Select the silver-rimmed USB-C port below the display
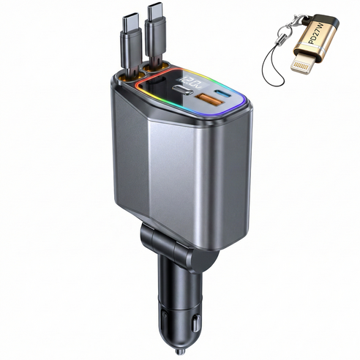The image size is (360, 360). [183, 90]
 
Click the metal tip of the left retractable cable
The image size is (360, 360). [131, 23]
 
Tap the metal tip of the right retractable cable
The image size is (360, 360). [155, 13]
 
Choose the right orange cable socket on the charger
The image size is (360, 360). [155, 67]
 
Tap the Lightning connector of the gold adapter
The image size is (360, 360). [302, 63]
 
